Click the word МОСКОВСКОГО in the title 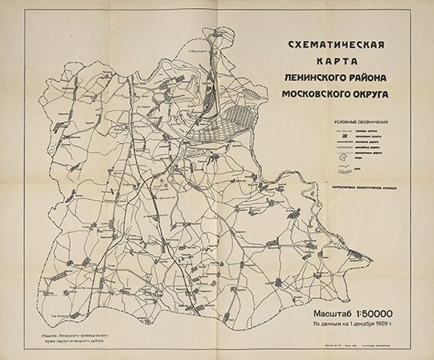click(x=320, y=95)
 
